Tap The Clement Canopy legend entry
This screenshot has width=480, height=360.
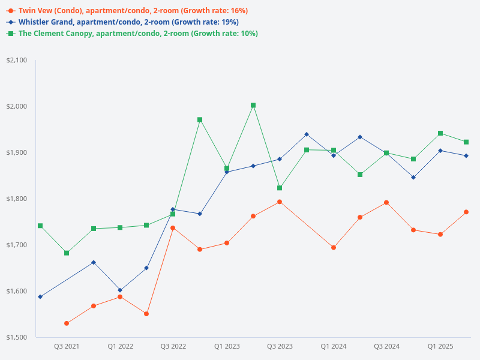click(x=132, y=34)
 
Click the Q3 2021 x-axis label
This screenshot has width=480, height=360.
click(x=67, y=346)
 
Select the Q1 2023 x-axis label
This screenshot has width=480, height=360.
click(x=227, y=346)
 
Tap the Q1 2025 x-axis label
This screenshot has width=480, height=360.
click(x=440, y=346)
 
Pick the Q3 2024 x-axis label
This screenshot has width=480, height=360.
click(x=387, y=346)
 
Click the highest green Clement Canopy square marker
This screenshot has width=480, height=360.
click(x=253, y=106)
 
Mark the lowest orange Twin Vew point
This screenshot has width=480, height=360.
click(x=67, y=323)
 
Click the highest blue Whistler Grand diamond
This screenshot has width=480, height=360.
click(x=307, y=134)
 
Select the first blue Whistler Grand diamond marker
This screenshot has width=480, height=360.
click(x=40, y=297)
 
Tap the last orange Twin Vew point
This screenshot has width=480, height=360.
click(x=466, y=212)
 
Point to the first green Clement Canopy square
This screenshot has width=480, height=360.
click(x=40, y=226)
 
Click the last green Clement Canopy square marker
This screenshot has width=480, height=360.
click(x=466, y=142)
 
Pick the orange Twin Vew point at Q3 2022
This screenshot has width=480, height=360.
click(x=173, y=228)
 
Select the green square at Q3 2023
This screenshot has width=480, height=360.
click(x=280, y=188)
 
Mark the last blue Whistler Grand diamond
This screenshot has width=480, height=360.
click(x=466, y=156)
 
